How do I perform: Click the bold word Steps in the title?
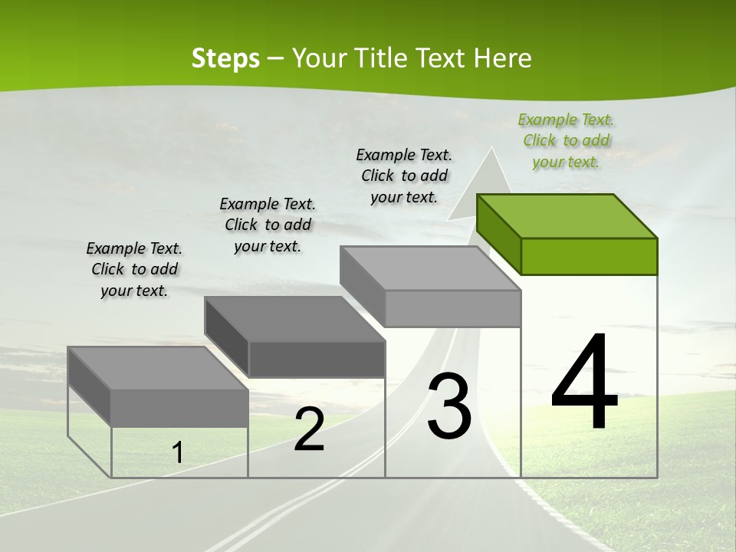click(x=225, y=58)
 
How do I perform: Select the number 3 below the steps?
click(x=449, y=406)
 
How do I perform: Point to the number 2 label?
click(x=309, y=430)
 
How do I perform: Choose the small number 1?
click(x=178, y=453)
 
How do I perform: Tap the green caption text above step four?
click(x=566, y=140)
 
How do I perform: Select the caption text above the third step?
click(x=404, y=176)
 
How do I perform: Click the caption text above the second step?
click(x=268, y=225)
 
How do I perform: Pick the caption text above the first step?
click(x=134, y=269)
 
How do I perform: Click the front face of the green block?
click(x=589, y=256)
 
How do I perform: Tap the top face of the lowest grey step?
click(x=158, y=368)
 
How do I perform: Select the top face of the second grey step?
click(x=294, y=317)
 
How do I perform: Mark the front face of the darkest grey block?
click(x=317, y=359)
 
